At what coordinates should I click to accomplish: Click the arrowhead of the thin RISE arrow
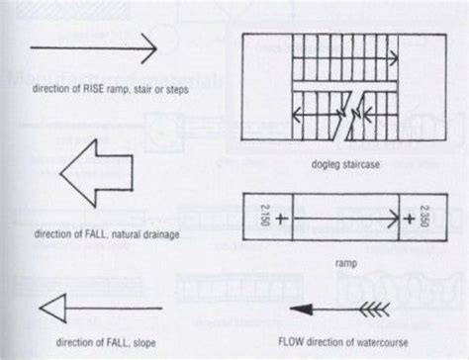(150, 46)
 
